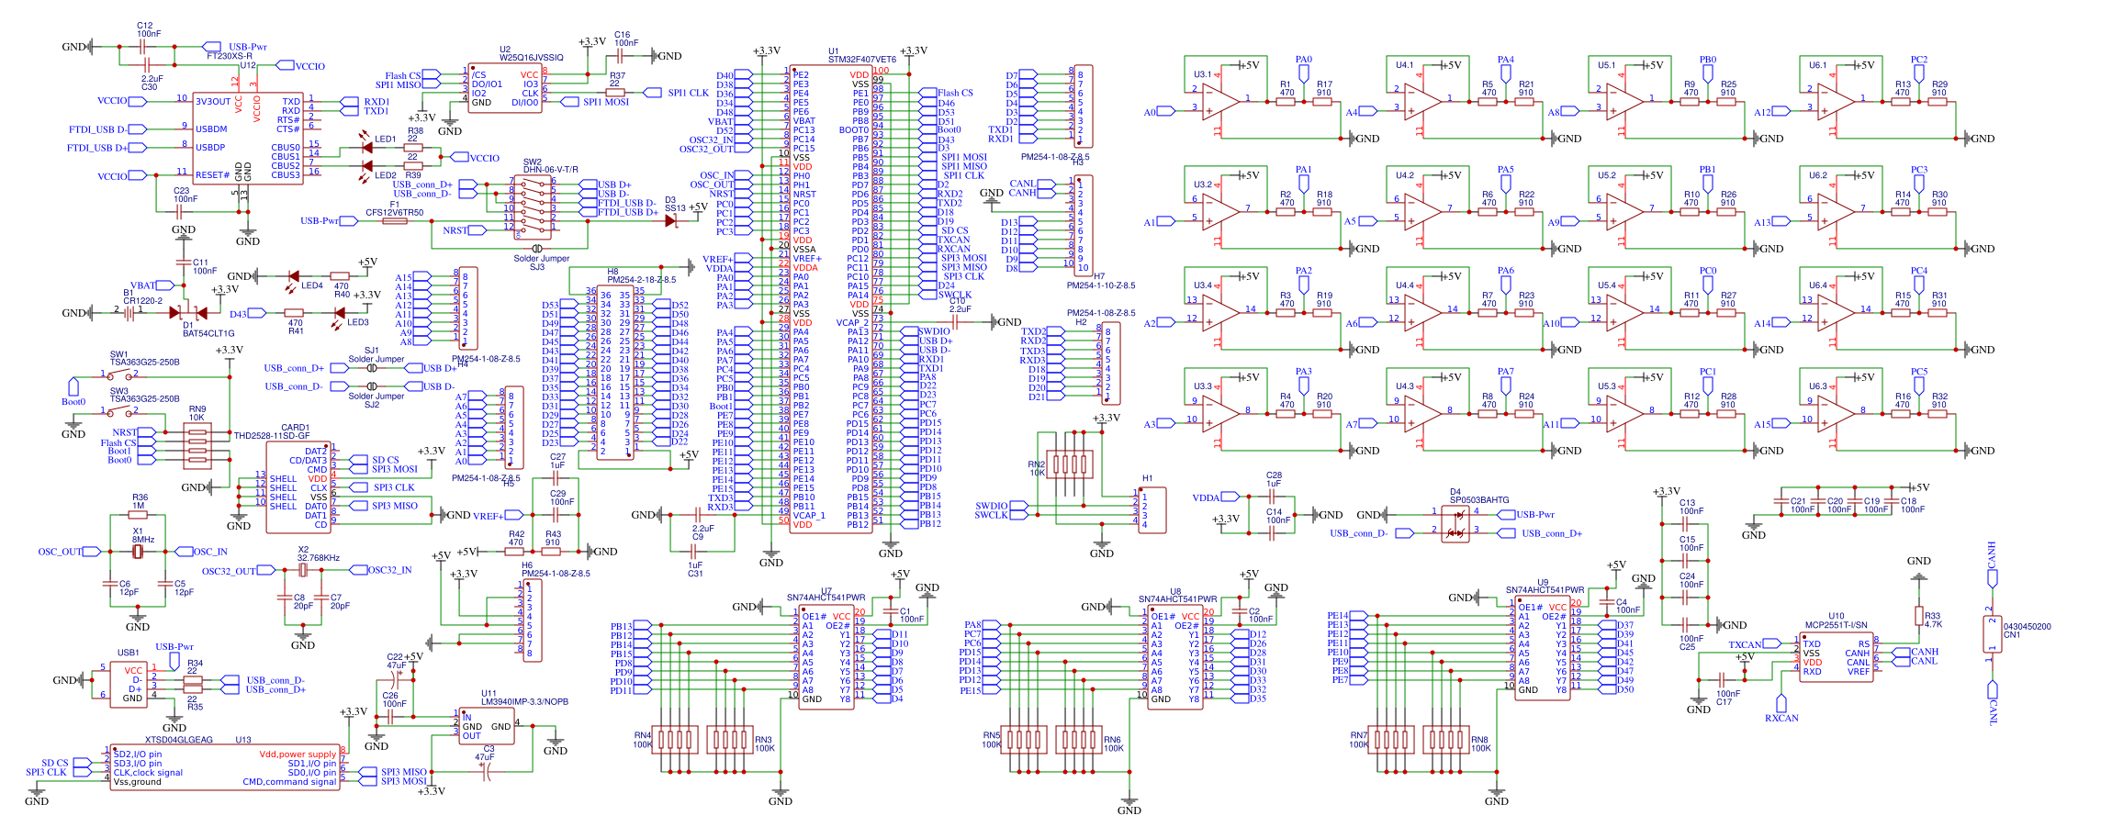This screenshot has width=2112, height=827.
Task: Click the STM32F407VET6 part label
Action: [861, 60]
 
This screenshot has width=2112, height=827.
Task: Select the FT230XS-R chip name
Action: [229, 56]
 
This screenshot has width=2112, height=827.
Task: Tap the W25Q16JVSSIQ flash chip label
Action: [531, 58]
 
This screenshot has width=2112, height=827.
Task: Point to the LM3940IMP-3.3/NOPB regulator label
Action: [524, 702]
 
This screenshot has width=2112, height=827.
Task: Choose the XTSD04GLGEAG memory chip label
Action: [178, 740]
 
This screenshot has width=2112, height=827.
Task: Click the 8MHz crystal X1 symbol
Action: [138, 552]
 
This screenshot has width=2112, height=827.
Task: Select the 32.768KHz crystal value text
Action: [319, 558]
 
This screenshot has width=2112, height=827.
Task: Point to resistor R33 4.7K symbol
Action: [1918, 615]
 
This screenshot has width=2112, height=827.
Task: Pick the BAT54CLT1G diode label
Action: [208, 334]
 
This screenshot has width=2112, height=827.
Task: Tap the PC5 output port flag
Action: [1919, 382]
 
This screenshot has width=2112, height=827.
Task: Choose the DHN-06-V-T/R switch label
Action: [550, 170]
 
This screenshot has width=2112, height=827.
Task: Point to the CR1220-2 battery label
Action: [142, 301]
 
